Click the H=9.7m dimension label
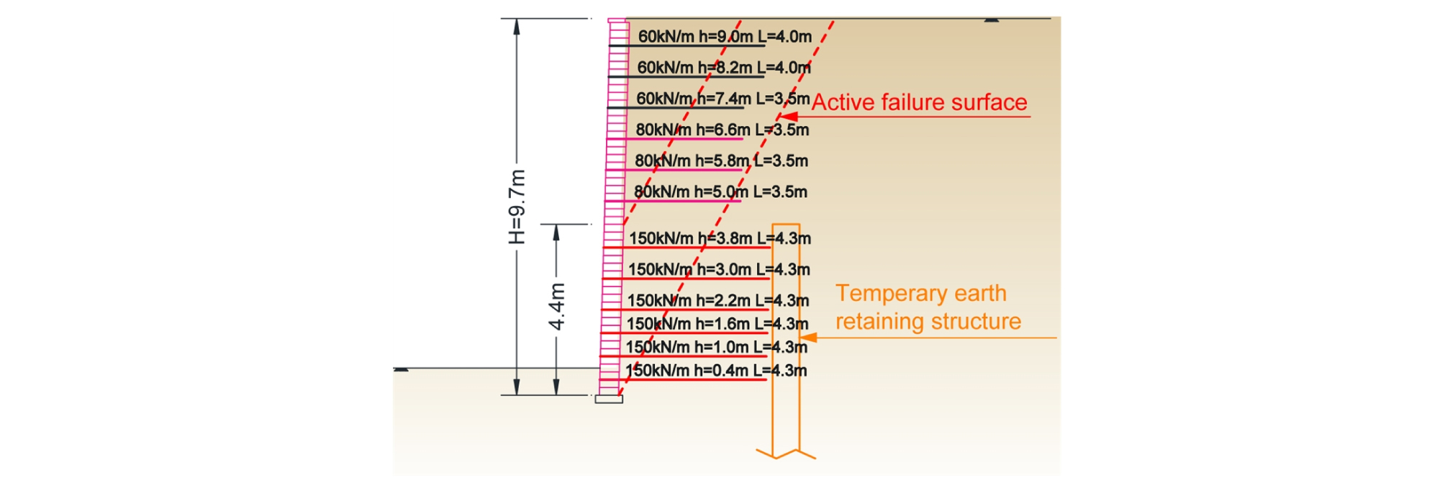coord(517,207)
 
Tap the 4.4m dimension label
coord(557,307)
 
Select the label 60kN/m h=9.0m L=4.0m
coord(725,36)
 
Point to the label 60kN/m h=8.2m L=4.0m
coord(724,67)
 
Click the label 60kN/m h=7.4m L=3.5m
coord(723,98)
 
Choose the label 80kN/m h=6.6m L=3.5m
coord(722,130)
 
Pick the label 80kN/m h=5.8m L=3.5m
coord(721,161)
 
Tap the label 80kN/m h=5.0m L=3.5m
coord(720,191)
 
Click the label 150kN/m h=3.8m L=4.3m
coord(720,238)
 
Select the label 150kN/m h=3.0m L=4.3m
coord(719,269)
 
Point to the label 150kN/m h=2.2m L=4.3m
coord(718,300)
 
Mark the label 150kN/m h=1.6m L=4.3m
coord(717,324)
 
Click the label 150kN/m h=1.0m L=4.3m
coord(717,347)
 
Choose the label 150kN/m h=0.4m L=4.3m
coord(716,370)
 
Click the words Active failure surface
coord(920,102)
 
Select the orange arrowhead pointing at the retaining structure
coord(809,337)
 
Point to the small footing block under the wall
coord(609,399)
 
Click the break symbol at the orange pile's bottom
coord(786,453)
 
